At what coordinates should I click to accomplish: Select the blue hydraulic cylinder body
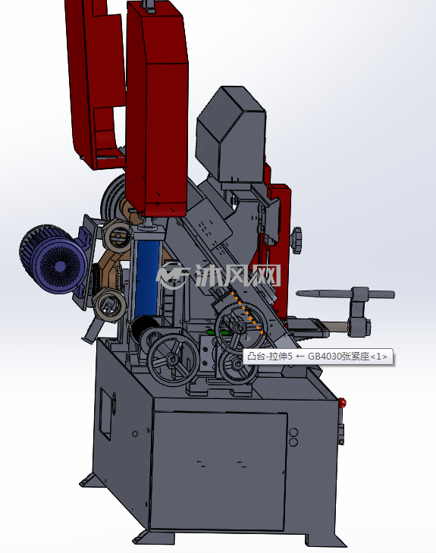click(147, 278)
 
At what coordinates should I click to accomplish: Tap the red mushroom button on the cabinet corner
click(342, 402)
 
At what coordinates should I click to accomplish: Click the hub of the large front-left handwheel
click(173, 360)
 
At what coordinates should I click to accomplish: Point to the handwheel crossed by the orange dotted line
click(240, 327)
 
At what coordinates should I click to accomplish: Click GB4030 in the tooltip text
click(322, 357)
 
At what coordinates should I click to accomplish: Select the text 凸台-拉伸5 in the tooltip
click(270, 357)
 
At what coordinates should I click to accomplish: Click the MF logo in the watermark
click(173, 276)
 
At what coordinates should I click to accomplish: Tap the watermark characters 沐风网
click(238, 275)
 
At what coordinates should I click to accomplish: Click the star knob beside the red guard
click(296, 240)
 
